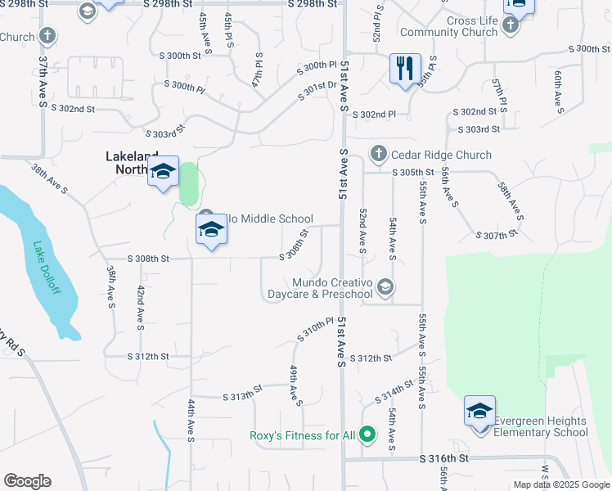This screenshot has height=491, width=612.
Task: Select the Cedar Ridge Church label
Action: pyautogui.click(x=441, y=155)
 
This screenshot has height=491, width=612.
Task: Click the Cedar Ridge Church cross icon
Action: pyautogui.click(x=378, y=153)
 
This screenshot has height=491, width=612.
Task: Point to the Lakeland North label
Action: pyautogui.click(x=136, y=156)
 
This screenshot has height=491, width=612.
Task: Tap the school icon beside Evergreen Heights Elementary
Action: pyautogui.click(x=479, y=411)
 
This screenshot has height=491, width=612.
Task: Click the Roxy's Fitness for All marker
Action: pyautogui.click(x=367, y=435)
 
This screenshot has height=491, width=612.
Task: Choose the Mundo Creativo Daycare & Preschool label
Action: pyautogui.click(x=332, y=288)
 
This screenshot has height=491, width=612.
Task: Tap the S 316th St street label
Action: pyautogui.click(x=446, y=461)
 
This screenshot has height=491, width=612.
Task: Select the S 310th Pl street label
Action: pyautogui.click(x=316, y=331)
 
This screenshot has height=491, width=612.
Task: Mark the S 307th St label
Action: pyautogui.click(x=497, y=236)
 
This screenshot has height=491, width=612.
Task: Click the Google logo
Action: pyautogui.click(x=27, y=481)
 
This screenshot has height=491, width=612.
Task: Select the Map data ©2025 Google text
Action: pyautogui.click(x=560, y=484)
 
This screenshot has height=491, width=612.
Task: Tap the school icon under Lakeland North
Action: pyautogui.click(x=163, y=171)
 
